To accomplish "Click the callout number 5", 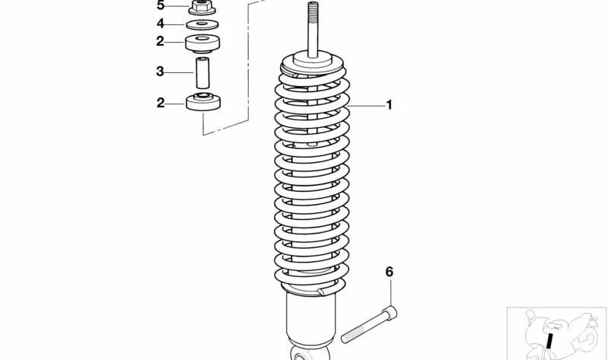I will tap(161, 5).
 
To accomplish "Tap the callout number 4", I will tap(161, 24).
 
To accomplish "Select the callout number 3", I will tap(161, 72).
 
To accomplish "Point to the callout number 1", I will tap(389, 105).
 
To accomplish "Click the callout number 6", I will tap(389, 272).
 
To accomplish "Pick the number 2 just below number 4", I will tap(161, 41).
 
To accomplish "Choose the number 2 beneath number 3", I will tap(161, 103).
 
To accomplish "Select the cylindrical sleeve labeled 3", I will tap(203, 72).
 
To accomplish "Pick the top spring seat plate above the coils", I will tap(312, 60).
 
